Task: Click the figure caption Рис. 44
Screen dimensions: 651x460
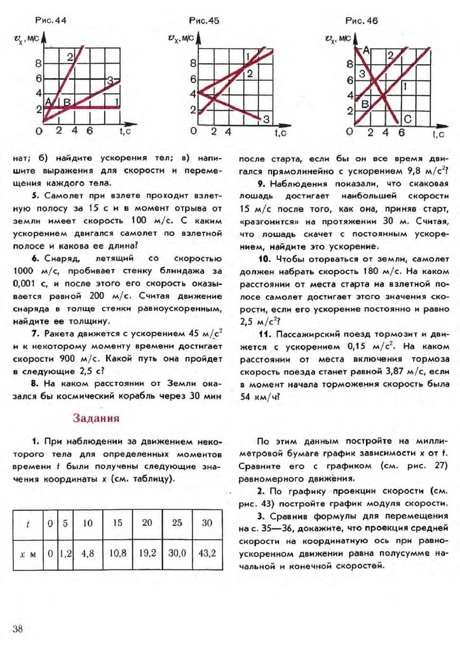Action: click(53, 20)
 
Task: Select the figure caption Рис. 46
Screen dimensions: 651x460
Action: click(362, 20)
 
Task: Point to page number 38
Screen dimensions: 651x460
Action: click(17, 629)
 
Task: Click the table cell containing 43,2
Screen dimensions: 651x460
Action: click(207, 552)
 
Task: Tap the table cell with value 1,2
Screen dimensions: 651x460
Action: click(65, 552)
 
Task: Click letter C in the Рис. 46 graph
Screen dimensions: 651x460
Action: click(407, 119)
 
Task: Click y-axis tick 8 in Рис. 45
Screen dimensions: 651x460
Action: click(194, 64)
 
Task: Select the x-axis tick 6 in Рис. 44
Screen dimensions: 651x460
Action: click(90, 131)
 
